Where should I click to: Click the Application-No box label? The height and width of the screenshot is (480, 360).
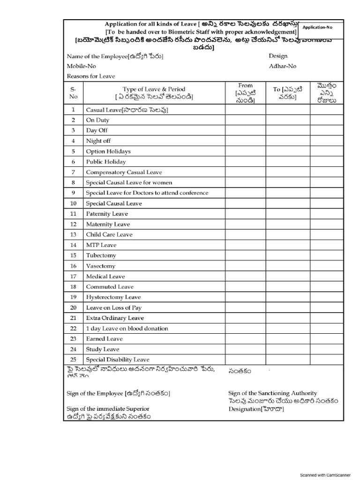coord(317,28)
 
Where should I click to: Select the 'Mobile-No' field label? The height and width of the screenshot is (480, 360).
coord(81,66)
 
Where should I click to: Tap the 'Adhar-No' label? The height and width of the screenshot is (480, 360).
coord(283,66)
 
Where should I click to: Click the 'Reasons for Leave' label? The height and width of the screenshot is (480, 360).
coord(91,76)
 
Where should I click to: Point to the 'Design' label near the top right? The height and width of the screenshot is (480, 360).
coord(278,56)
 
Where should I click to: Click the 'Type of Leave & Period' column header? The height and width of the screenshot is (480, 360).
coord(154,89)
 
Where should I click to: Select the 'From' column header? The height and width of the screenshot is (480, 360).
coord(245,85)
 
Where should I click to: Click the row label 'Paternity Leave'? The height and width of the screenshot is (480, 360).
coord(107,214)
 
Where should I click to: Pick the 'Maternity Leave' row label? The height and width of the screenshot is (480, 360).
coord(108,224)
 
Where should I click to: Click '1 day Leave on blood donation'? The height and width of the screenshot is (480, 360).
coord(127,328)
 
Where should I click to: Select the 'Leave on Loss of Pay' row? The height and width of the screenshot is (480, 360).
coord(113,307)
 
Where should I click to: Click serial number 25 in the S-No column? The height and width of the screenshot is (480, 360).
coord(73,360)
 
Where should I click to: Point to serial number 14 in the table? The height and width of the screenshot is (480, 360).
coord(73,245)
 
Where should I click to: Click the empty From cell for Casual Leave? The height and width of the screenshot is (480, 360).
coord(245,110)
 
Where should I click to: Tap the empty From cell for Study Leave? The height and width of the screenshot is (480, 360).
coord(245,349)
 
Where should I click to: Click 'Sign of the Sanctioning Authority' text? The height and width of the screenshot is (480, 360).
coord(272,393)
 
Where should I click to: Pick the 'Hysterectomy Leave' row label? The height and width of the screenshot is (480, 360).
coord(113,297)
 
